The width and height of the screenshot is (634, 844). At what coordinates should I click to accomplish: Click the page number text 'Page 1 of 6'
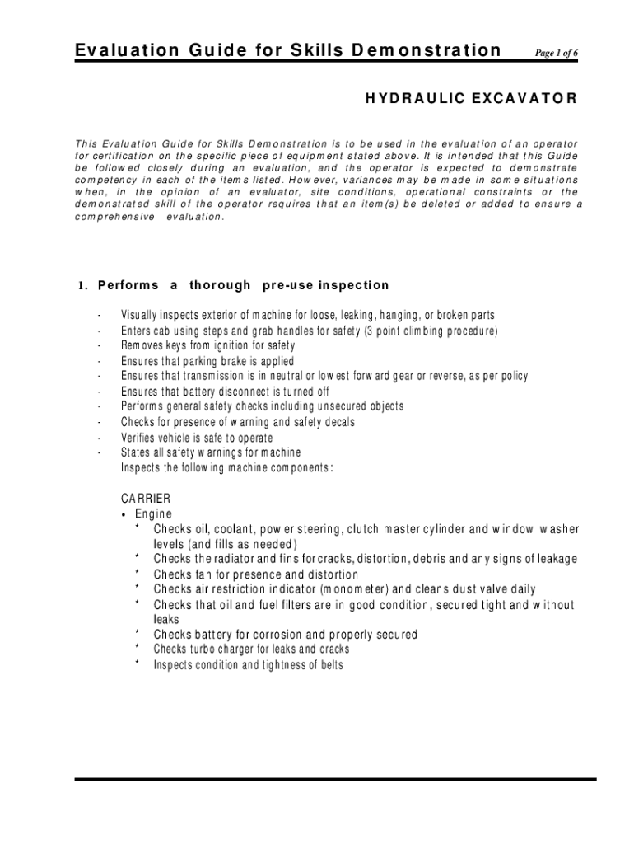pyautogui.click(x=556, y=53)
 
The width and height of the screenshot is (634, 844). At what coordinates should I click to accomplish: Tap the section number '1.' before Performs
pyautogui.click(x=83, y=286)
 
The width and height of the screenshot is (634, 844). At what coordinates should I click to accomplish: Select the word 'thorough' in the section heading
pyautogui.click(x=220, y=285)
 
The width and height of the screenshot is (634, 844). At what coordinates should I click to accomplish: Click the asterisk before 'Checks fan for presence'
pyautogui.click(x=137, y=574)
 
